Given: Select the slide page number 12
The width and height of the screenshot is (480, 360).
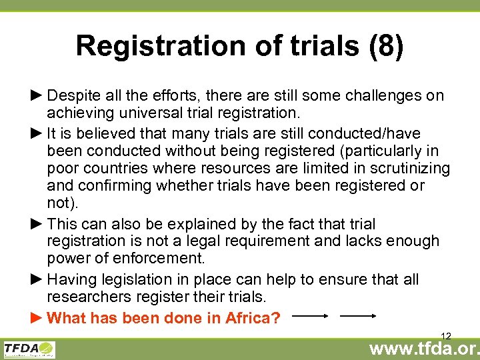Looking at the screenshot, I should tap(446, 335).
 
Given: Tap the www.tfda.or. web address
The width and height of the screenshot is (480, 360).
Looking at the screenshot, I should tap(425, 348).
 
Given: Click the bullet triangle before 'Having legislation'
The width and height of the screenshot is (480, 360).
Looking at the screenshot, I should tap(37, 279).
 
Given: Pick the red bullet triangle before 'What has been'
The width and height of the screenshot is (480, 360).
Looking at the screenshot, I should tap(37, 318).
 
